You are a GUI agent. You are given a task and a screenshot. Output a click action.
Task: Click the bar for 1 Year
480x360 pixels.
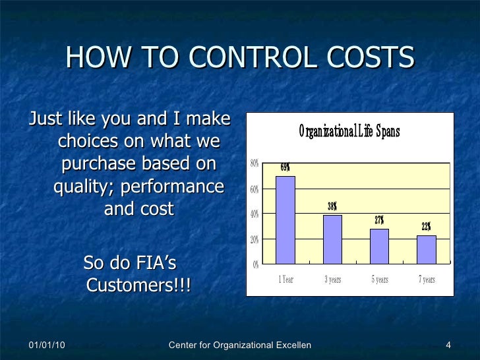coord(285,220)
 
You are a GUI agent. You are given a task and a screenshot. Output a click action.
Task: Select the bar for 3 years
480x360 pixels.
coord(332,239)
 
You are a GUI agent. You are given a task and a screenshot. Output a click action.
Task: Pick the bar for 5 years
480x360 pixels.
coord(379,246)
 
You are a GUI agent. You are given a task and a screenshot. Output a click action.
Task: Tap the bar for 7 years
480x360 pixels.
coord(427,249)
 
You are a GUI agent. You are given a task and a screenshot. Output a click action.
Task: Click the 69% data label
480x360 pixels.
coord(285,167)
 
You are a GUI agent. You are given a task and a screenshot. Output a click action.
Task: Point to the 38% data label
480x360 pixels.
coord(332,207)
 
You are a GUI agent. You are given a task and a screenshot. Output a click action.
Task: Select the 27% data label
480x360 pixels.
coord(379,220)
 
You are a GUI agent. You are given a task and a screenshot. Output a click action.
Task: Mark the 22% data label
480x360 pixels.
coord(427,227)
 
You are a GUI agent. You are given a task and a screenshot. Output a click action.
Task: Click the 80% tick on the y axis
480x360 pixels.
coord(255,164)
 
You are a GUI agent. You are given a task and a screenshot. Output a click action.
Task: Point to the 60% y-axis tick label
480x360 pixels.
coord(255,189)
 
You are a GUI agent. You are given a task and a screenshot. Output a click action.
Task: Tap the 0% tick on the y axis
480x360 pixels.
coord(256,264)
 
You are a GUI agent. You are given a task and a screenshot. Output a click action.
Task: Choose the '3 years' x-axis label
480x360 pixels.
coord(332,280)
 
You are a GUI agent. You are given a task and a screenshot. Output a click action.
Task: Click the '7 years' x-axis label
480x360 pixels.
coord(427,280)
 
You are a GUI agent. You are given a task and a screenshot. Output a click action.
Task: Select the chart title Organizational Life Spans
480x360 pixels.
coord(349,132)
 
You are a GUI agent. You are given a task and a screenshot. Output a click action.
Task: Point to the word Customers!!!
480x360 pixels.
coord(138,286)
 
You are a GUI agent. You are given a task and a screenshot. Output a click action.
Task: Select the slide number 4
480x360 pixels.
coord(448,346)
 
